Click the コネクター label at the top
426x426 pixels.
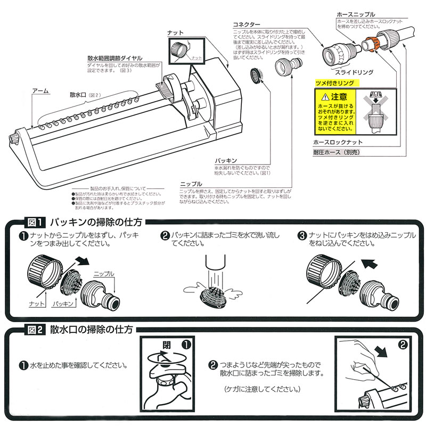pos(247,25)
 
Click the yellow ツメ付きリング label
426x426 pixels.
pos(335,84)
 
